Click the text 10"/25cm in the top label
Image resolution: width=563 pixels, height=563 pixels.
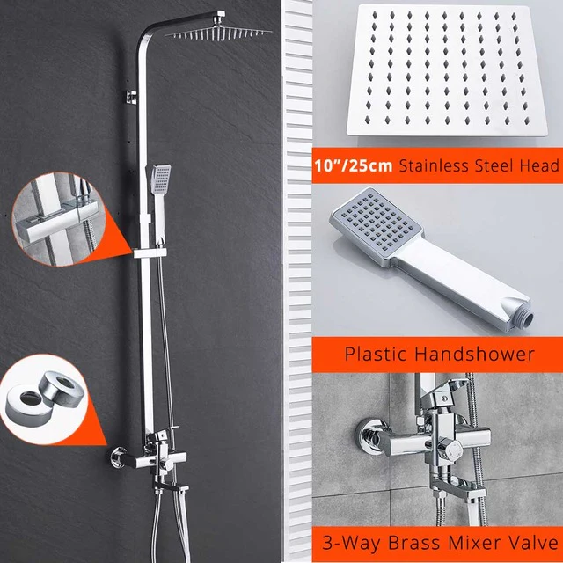click(x=346, y=165)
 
